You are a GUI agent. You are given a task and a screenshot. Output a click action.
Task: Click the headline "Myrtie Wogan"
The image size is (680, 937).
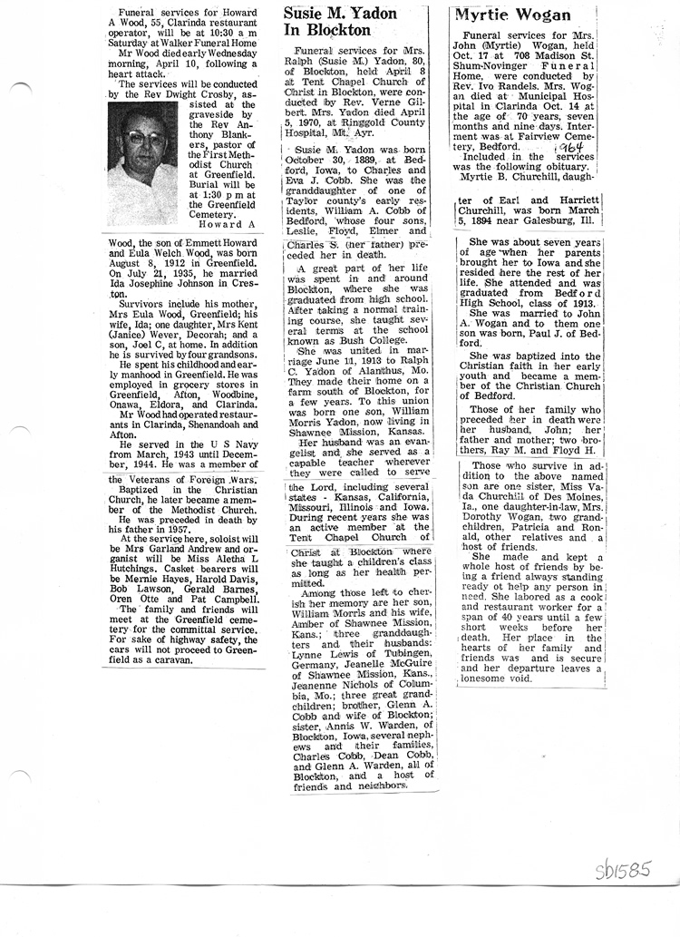[x=512, y=15]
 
